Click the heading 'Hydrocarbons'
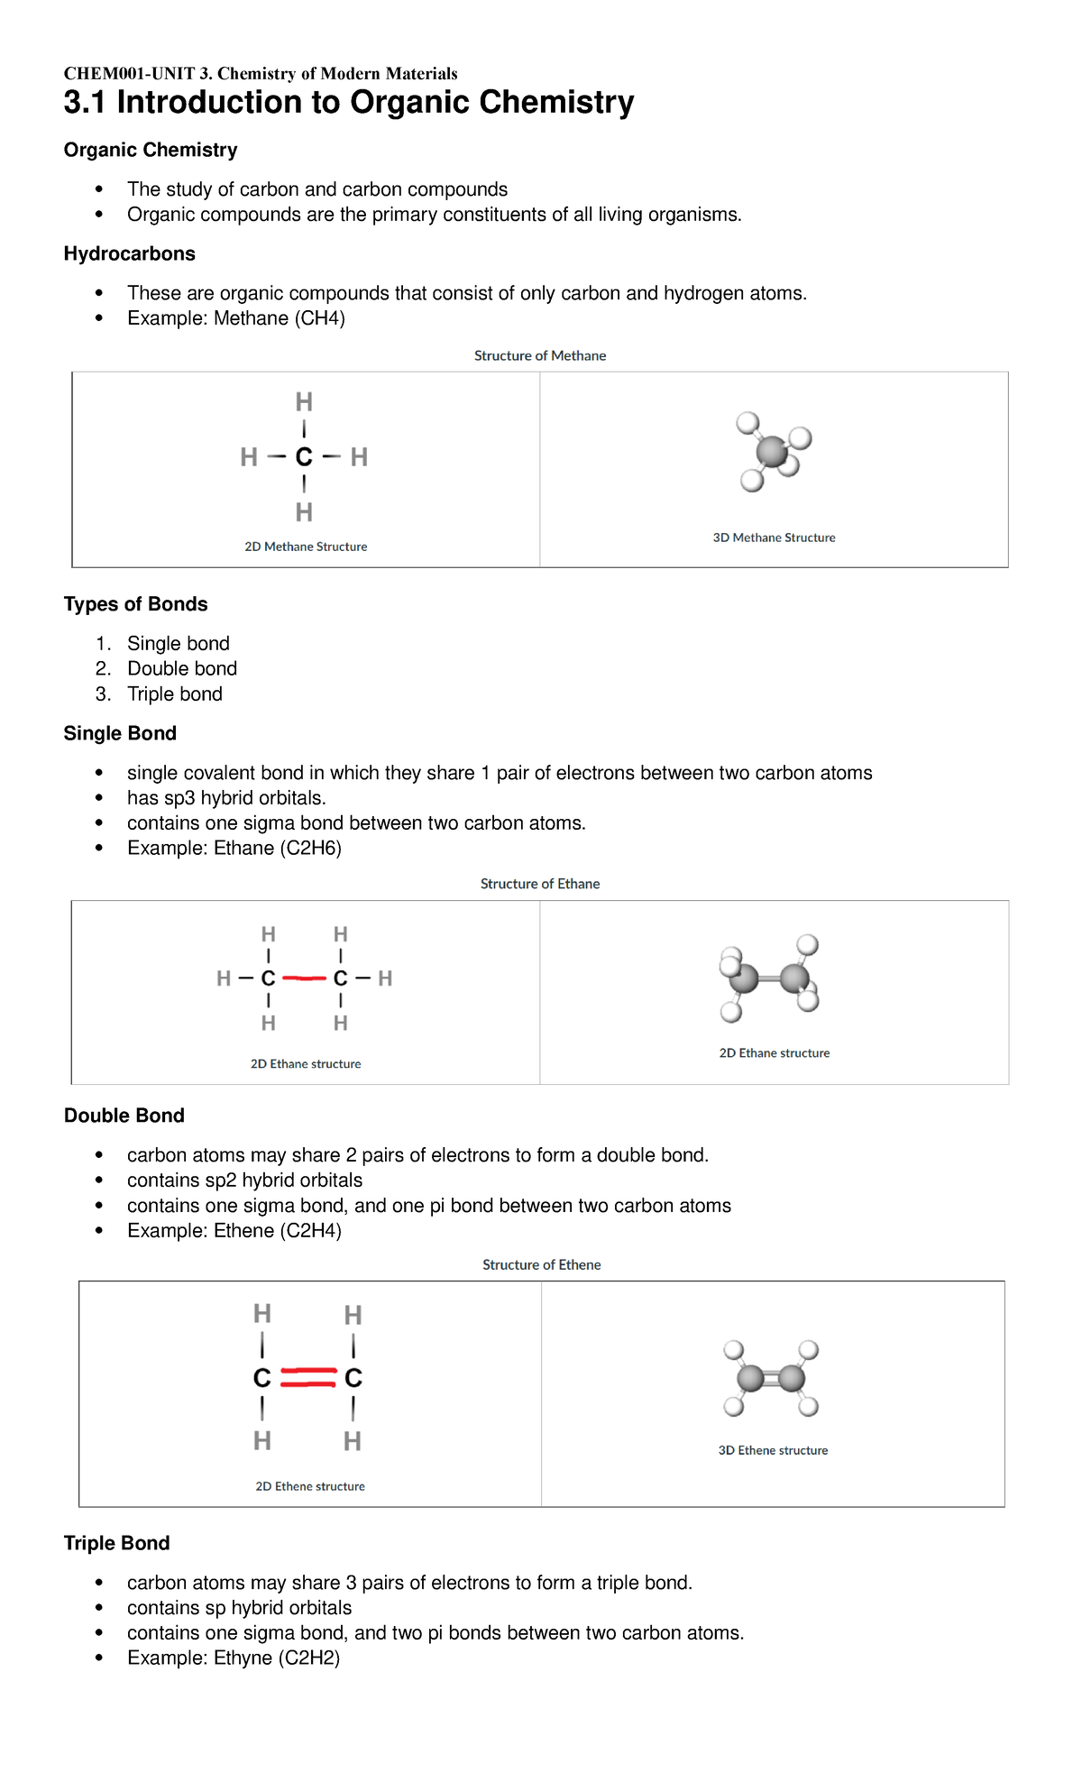pos(129,253)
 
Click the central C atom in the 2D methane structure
pos(304,457)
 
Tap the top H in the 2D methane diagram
pos(304,401)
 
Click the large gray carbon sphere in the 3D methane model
pos(772,451)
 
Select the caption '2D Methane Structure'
pos(306,547)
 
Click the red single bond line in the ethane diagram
pos(304,978)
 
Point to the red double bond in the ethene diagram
pos(308,1377)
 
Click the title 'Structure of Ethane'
pos(539,884)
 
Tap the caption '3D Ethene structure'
pos(773,1450)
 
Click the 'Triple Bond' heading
pos(116,1543)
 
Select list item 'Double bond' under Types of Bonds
pos(182,668)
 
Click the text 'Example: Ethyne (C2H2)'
pos(234,1658)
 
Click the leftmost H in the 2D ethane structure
pos(224,978)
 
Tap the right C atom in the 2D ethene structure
pos(353,1378)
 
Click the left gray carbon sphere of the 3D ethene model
pos(750,1378)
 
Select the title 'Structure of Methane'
pos(539,355)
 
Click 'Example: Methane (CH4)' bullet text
pos(236,318)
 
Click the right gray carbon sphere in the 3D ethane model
pos(794,978)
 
